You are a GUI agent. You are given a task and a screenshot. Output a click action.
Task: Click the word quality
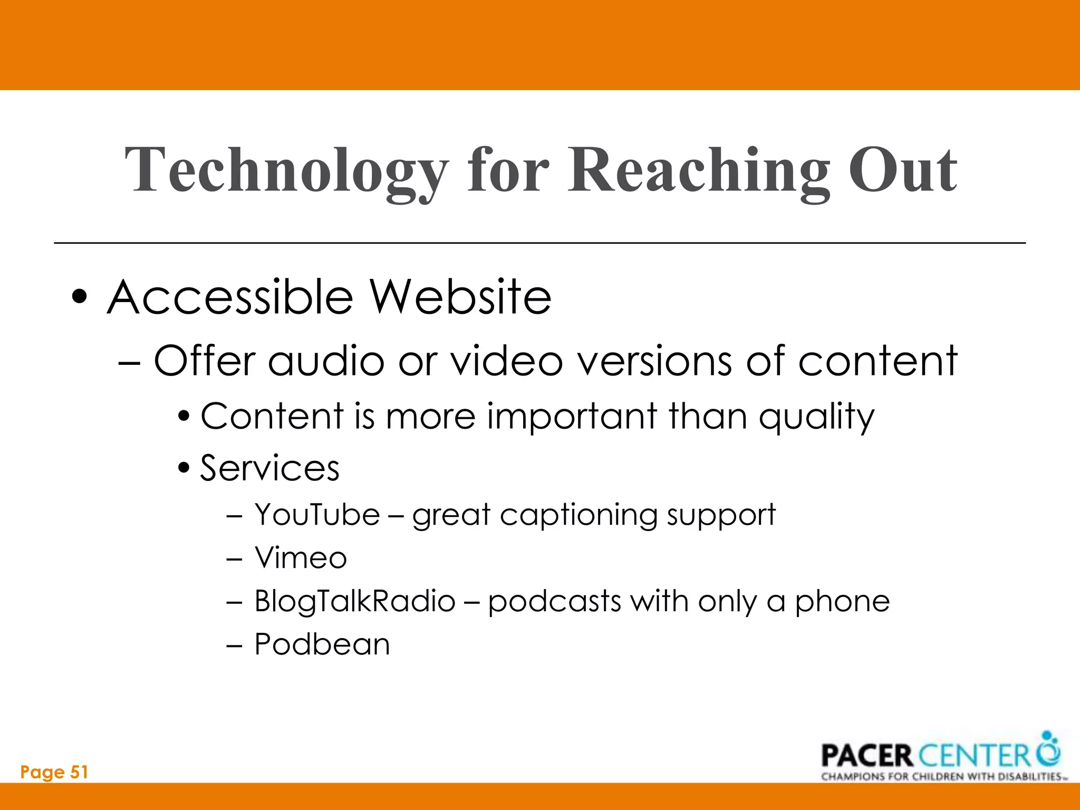[x=816, y=417]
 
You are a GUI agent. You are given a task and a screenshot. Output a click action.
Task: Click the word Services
[x=270, y=468]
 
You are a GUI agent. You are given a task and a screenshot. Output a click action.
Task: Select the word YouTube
[x=317, y=514]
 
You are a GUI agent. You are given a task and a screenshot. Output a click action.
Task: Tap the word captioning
[x=578, y=515]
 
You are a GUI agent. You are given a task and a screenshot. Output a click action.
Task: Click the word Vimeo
[x=301, y=558]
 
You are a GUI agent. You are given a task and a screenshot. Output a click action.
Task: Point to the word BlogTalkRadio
[x=354, y=601]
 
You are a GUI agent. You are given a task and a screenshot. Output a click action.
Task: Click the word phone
[x=842, y=601]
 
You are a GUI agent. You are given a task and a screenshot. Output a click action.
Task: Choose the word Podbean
[x=322, y=644]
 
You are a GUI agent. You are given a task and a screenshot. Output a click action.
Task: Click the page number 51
[x=79, y=772]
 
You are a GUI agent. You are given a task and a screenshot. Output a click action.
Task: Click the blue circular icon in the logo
[x=1048, y=750]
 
